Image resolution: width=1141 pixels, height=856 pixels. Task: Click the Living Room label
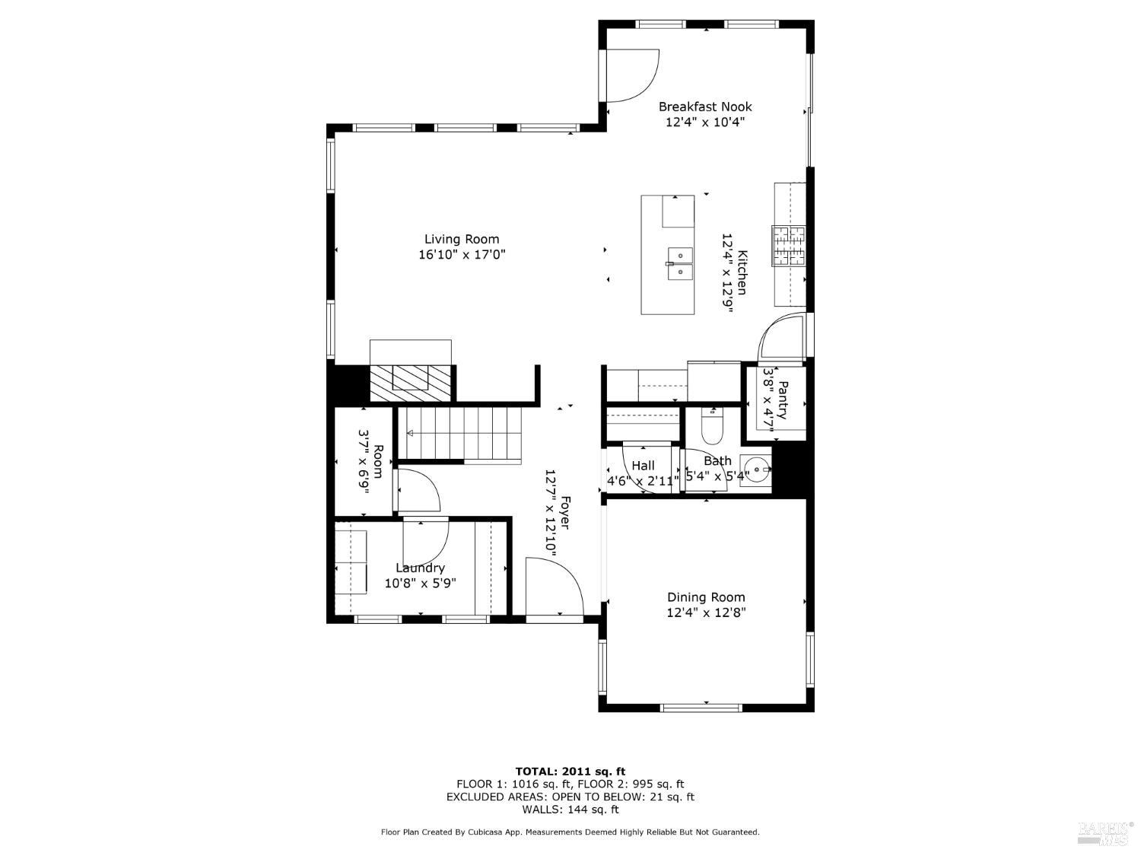[x=462, y=240]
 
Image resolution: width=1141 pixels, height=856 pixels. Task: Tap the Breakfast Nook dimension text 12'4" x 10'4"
[x=705, y=122]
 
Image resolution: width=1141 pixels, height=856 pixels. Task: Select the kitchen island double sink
[x=679, y=263]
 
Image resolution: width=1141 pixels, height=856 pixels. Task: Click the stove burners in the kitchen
[x=789, y=246]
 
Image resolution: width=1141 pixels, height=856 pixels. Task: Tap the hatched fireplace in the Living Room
[x=410, y=382]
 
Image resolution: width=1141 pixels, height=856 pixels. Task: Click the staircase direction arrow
[x=409, y=434]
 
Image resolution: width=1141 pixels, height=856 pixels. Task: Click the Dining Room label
[x=706, y=597]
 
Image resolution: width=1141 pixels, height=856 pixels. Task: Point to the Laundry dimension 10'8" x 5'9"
[x=420, y=584]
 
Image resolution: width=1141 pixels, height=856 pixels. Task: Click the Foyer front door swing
[x=553, y=586]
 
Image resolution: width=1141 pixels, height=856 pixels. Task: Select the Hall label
[x=643, y=466]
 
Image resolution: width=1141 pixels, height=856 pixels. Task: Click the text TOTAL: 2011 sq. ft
[x=570, y=772]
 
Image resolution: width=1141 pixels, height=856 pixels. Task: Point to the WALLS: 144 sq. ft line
[x=570, y=810]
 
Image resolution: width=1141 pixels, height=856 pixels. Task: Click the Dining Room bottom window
[x=701, y=708]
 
